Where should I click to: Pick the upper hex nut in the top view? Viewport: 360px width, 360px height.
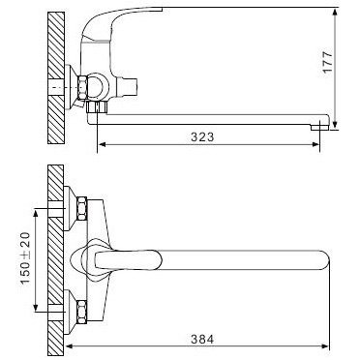point(85,205)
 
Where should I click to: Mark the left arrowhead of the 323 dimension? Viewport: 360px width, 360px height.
point(102,148)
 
